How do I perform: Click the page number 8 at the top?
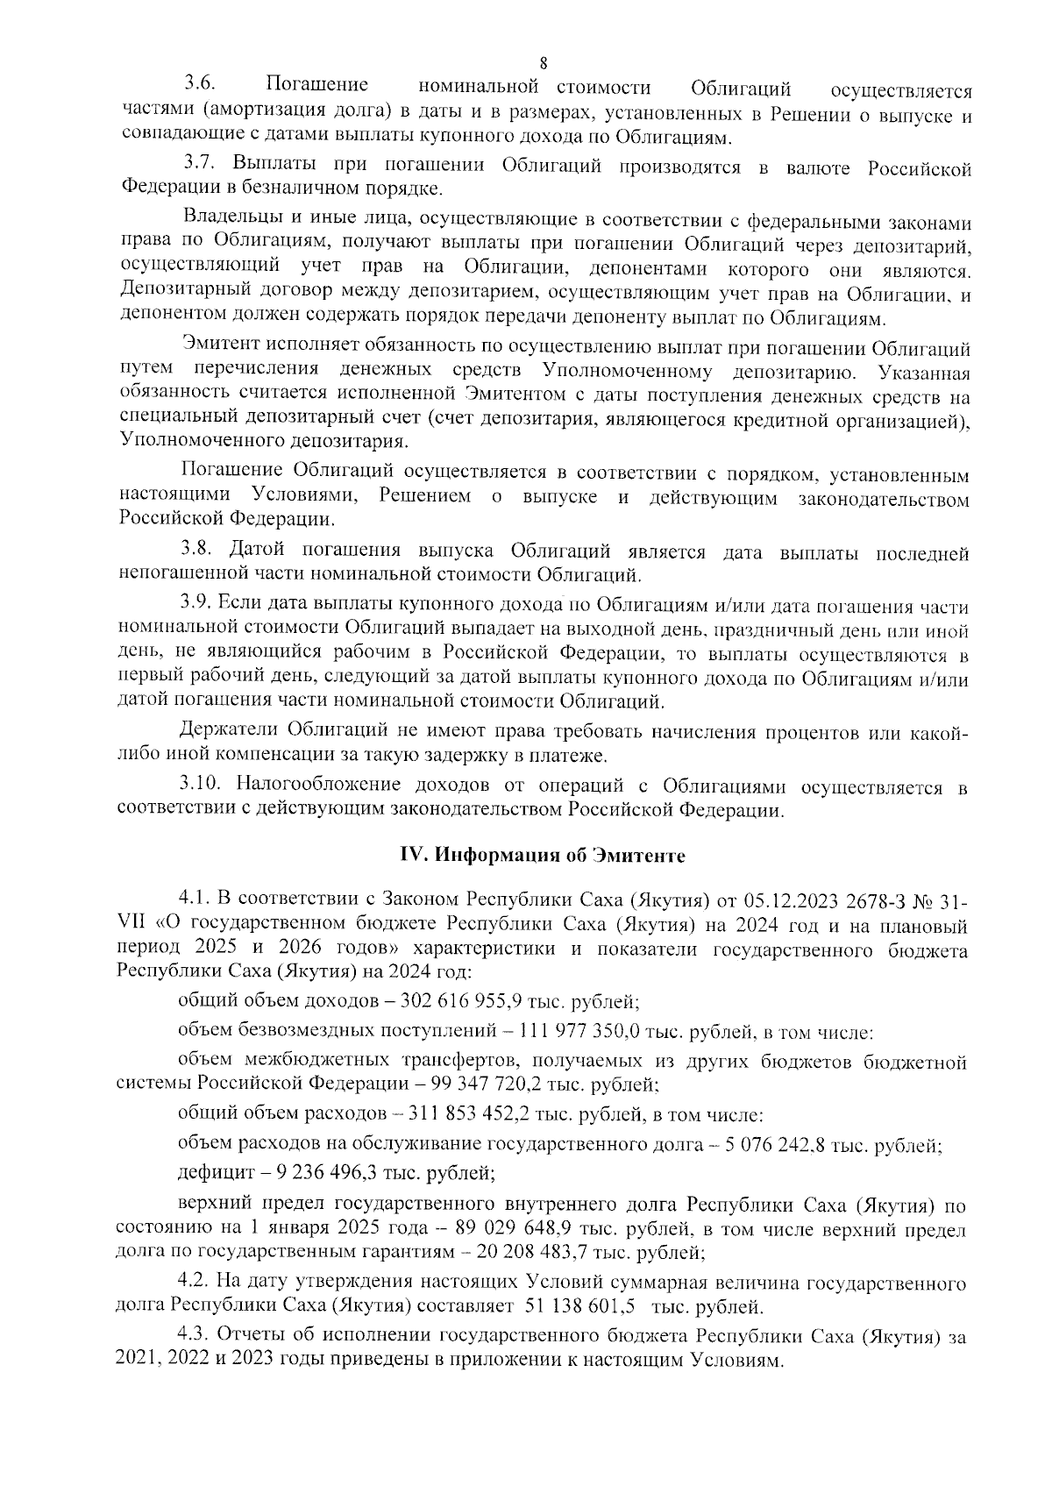click(544, 63)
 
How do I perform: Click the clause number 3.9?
click(199, 604)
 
